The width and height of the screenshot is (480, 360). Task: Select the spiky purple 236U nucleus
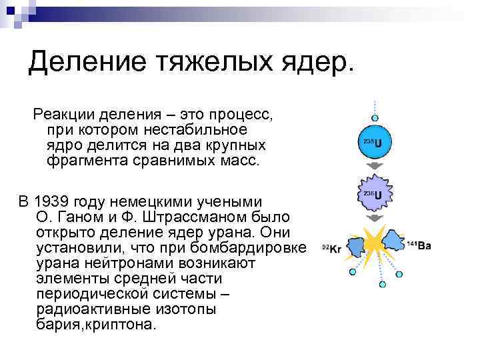click(375, 194)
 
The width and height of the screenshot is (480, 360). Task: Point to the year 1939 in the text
click(53, 201)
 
